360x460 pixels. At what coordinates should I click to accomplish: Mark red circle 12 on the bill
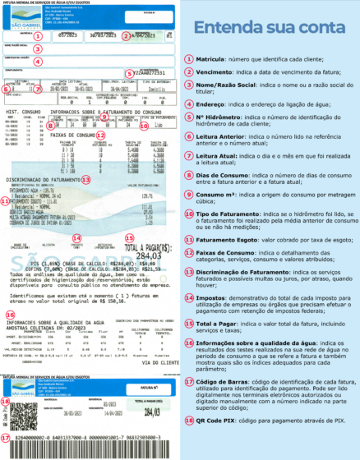tap(100, 134)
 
